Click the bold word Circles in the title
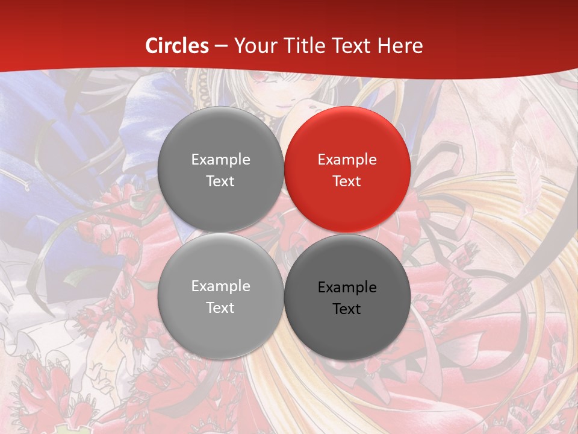(177, 46)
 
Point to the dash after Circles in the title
(221, 46)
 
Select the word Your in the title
(253, 46)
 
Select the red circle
(347, 169)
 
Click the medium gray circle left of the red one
(220, 169)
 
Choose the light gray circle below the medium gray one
(220, 296)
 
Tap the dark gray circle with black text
(347, 297)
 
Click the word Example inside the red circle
(347, 159)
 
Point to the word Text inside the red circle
(347, 181)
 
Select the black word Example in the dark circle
(347, 287)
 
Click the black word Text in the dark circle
(347, 309)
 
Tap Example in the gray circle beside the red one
(220, 159)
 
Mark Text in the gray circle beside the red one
(220, 181)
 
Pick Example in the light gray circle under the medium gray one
(220, 286)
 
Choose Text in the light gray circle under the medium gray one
(220, 307)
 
